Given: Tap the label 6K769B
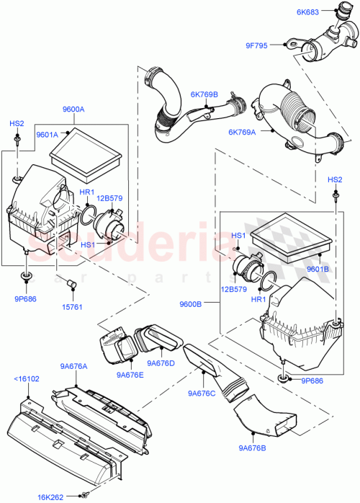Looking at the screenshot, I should (x=204, y=94).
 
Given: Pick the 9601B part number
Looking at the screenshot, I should (x=317, y=270).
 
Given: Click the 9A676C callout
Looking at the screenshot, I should (x=202, y=393).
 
